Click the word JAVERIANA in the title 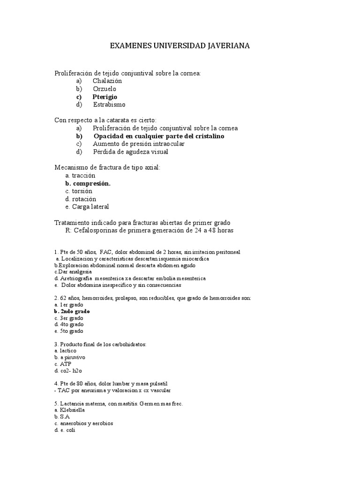(x=227, y=46)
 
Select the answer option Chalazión (x=107, y=81)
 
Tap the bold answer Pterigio (x=105, y=97)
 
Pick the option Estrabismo (x=109, y=105)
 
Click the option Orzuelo (x=104, y=89)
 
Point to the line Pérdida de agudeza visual (x=130, y=152)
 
